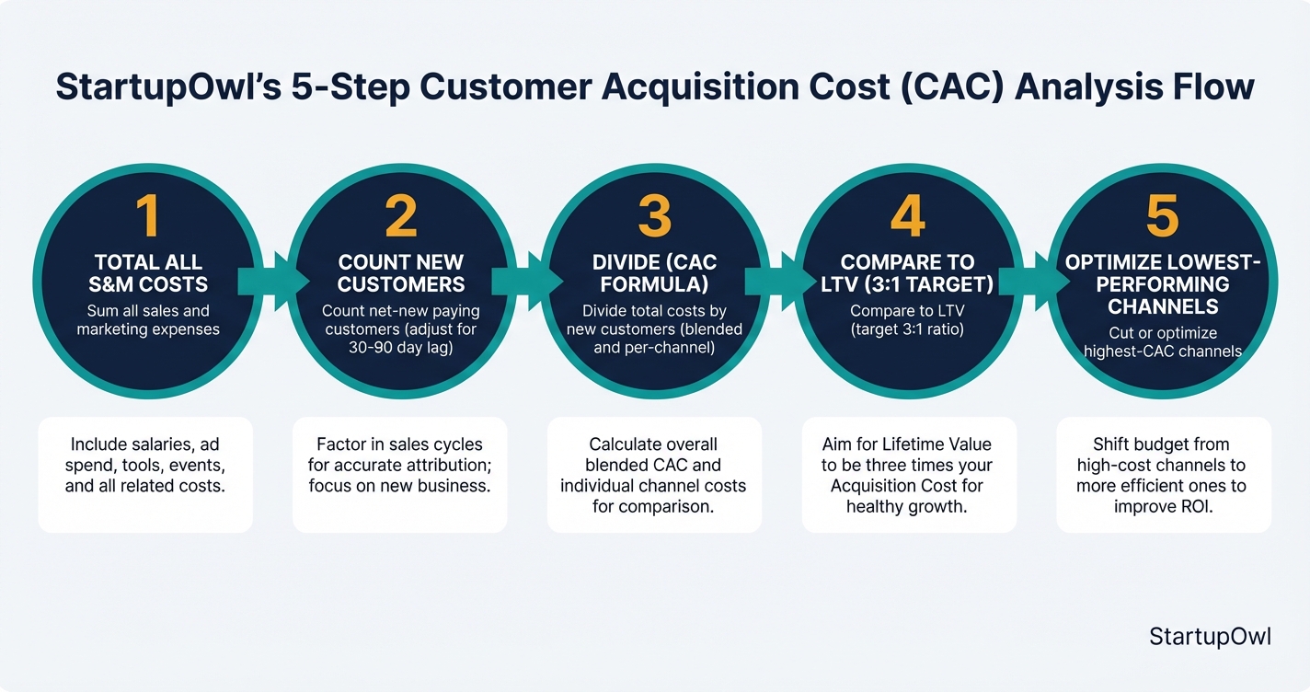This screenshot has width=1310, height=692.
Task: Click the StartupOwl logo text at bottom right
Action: pyautogui.click(x=1210, y=637)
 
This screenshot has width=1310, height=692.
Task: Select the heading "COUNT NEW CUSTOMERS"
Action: pyautogui.click(x=400, y=273)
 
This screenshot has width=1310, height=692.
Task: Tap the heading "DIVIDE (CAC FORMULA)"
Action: pyautogui.click(x=654, y=273)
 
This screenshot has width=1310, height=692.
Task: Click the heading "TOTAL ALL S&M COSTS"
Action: pyautogui.click(x=147, y=273)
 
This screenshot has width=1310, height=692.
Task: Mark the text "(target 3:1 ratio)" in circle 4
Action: pyautogui.click(x=907, y=329)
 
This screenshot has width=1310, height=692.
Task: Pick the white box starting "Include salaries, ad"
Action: pyautogui.click(x=145, y=474)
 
